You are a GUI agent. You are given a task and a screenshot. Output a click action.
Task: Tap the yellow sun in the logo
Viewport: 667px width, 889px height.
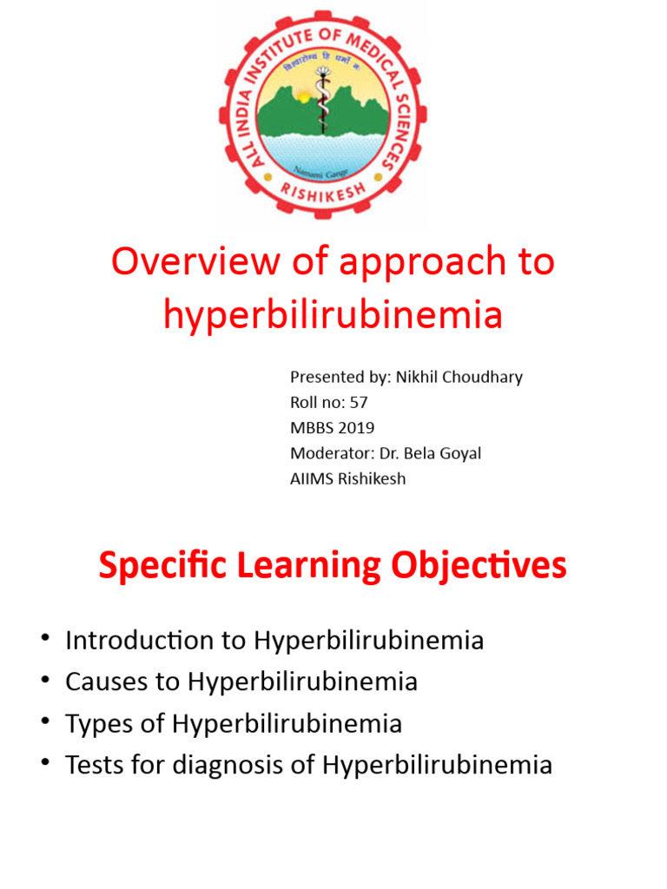pos(304,97)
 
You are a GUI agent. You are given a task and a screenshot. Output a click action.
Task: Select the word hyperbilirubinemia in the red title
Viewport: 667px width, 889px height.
pos(333,315)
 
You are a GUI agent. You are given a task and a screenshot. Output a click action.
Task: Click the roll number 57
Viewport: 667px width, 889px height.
pos(359,402)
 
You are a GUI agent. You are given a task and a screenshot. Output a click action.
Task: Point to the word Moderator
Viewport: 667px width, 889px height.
pos(331,453)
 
